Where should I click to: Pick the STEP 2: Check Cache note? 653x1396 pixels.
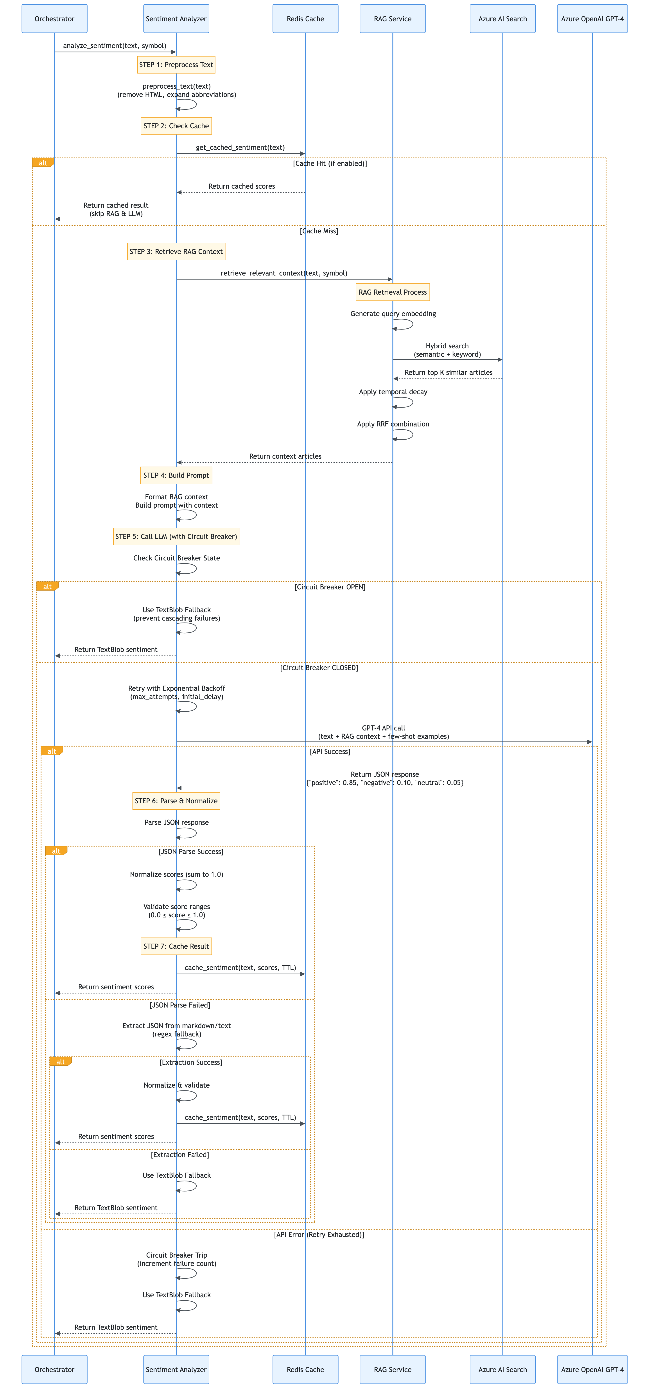pyautogui.click(x=176, y=126)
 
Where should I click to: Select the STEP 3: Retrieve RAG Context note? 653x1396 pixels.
pyautogui.click(x=176, y=251)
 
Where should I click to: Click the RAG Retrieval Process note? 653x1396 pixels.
pyautogui.click(x=392, y=292)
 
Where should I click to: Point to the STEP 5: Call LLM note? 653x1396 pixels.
pyautogui.click(x=176, y=537)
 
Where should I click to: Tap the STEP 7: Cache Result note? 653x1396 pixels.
pyautogui.click(x=176, y=946)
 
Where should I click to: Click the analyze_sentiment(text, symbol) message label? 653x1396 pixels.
pyautogui.click(x=114, y=46)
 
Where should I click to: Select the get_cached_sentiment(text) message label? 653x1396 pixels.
pyautogui.click(x=240, y=147)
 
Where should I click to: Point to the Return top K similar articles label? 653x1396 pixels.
pyautogui.click(x=448, y=372)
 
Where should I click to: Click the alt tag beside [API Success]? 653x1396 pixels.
pyautogui.click(x=52, y=751)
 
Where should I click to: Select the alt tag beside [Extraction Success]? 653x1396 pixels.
pyautogui.click(x=60, y=1062)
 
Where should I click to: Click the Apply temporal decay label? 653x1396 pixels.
pyautogui.click(x=393, y=392)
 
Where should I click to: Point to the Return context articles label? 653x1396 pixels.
pyautogui.click(x=285, y=456)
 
